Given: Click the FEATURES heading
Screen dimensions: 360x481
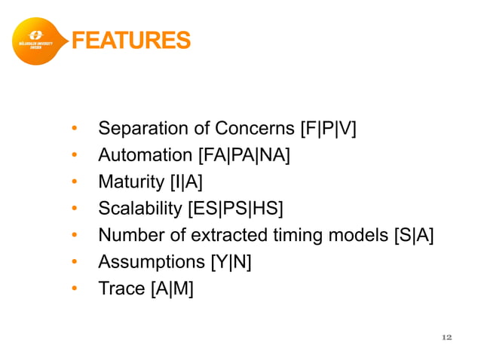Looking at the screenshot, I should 130,39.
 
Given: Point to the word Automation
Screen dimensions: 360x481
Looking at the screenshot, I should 146,156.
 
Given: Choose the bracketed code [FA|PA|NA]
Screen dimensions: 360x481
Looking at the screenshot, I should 244,156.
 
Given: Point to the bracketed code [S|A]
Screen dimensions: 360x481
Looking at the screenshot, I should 414,235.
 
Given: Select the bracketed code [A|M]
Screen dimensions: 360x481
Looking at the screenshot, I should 170,288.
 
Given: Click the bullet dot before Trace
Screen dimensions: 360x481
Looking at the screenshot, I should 75,288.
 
